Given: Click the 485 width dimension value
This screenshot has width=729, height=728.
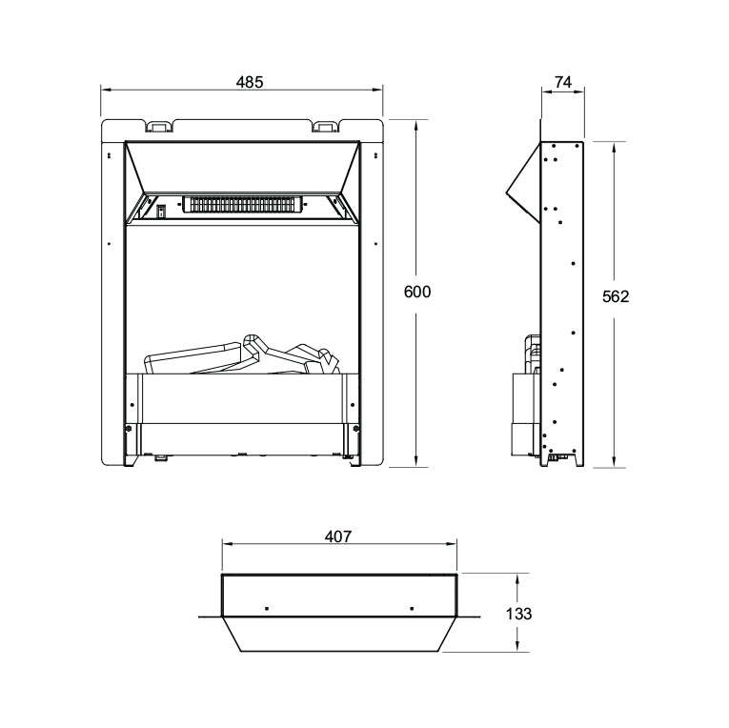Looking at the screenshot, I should click(250, 82).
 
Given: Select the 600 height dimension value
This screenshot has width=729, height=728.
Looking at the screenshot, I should click(417, 293).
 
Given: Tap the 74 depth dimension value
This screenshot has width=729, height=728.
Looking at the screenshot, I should click(562, 83).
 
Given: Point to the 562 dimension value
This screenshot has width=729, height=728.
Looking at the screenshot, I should click(616, 296).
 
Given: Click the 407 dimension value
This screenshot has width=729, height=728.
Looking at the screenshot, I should click(338, 536).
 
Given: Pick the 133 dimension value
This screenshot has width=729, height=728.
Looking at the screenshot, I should click(518, 614).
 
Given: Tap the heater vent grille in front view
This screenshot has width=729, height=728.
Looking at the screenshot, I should click(245, 205).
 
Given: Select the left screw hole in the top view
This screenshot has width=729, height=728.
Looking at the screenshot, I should click(267, 608).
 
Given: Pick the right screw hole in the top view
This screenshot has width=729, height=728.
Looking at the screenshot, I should click(411, 608).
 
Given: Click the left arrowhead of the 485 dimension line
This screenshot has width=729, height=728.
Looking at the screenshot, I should click(105, 91).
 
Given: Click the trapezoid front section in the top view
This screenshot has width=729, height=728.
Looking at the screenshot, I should click(339, 634).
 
